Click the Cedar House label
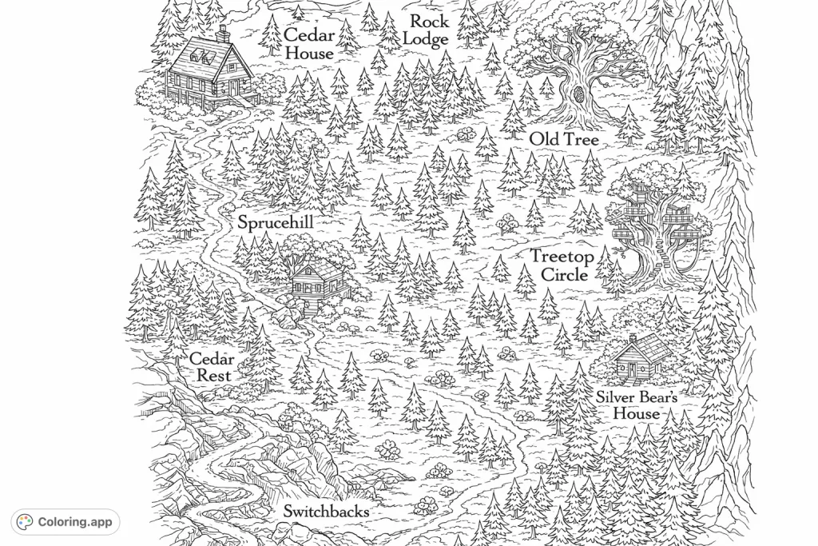[309, 44]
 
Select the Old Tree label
[564, 140]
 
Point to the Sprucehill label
[275, 223]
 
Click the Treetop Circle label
[563, 265]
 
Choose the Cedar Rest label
[212, 367]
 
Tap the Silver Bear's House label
[637, 405]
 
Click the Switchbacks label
[326, 512]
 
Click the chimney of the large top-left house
[224, 34]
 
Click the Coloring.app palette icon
[25, 522]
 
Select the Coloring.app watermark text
[74, 522]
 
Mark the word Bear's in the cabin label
[658, 397]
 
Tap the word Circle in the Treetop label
[564, 274]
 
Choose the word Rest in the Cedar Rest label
[214, 376]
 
